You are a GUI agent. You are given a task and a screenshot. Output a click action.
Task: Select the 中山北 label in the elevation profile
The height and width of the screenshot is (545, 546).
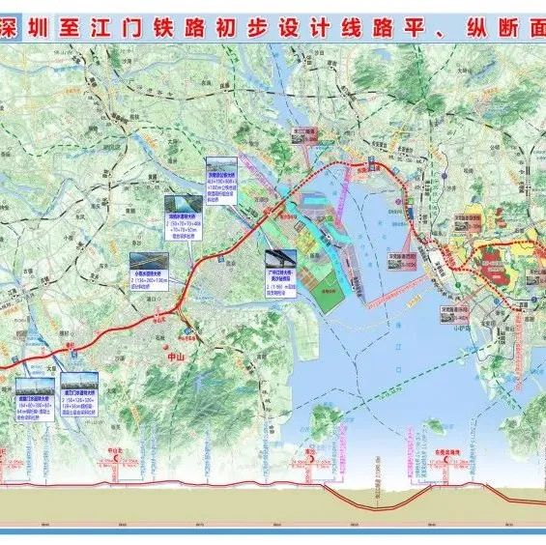115,450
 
